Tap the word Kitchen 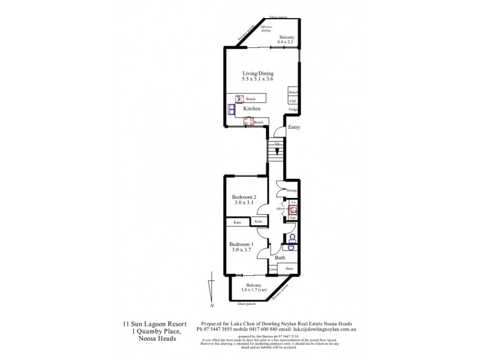point(251,109)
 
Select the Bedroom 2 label point(244,197)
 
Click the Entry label point(294,127)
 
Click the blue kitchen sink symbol point(232,109)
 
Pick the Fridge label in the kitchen point(293,110)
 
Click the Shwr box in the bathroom point(289,269)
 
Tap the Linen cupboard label point(272,269)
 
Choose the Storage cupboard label point(292,190)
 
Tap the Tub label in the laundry point(293,218)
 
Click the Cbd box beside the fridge point(293,101)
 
